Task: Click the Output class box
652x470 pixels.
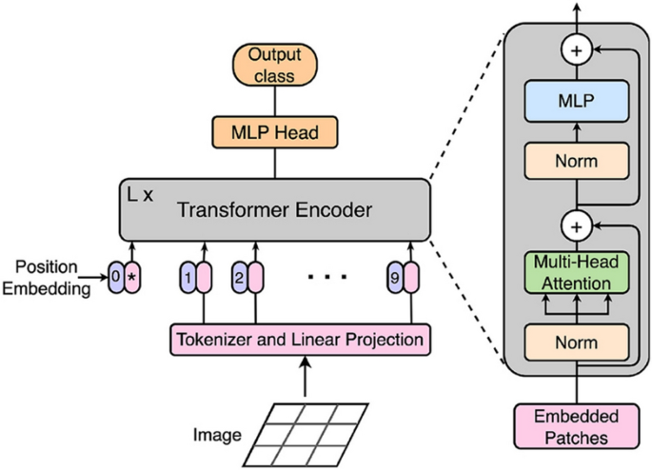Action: pyautogui.click(x=274, y=65)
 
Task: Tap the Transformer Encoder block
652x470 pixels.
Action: pyautogui.click(x=274, y=207)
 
